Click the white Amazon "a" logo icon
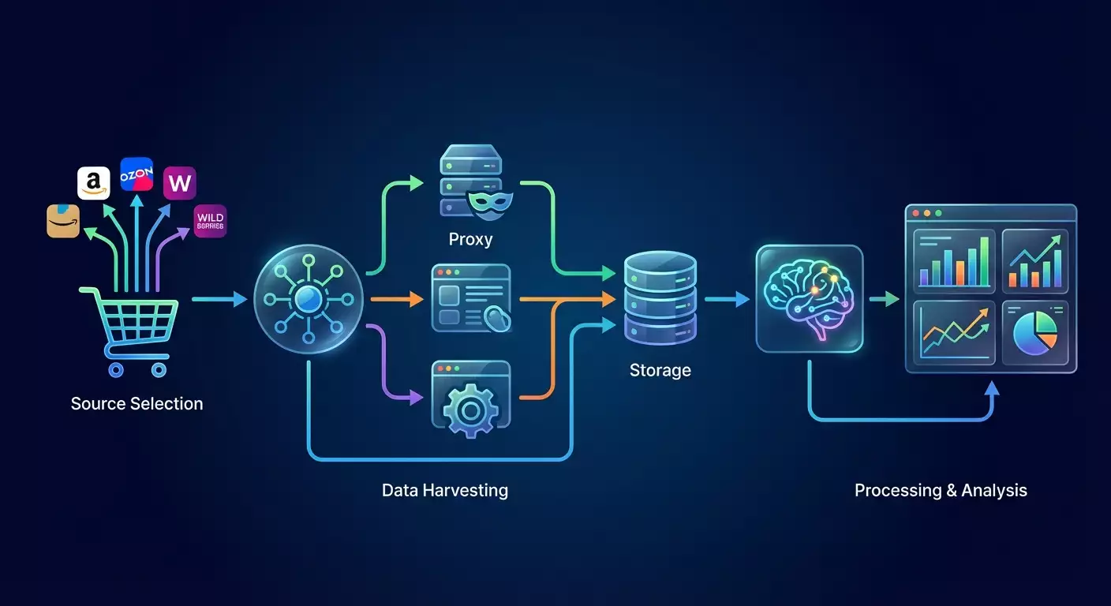94,183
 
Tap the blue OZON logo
137,174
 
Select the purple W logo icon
179,183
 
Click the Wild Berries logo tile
210,221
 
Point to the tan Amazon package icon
63,221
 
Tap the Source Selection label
137,404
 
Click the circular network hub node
309,299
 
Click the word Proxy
470,239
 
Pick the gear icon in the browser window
470,408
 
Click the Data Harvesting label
445,490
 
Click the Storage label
660,370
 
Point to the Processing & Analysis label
941,490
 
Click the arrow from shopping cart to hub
220,299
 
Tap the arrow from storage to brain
726,299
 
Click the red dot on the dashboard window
915,213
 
